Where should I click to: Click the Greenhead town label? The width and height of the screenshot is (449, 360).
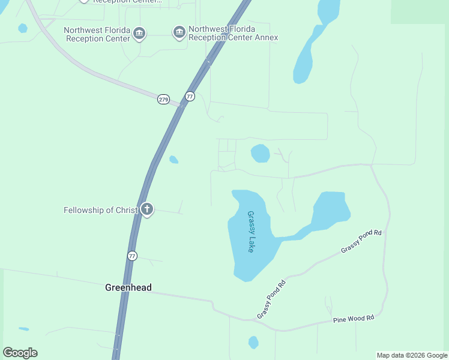[128, 287]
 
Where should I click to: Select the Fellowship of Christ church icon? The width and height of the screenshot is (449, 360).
[146, 209]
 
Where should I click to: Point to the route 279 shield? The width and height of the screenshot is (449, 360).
[163, 99]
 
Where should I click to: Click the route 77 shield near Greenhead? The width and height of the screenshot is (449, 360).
[132, 256]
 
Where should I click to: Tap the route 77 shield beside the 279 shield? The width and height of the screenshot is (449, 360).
[190, 96]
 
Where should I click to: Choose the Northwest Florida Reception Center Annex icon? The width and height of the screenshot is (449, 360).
[179, 32]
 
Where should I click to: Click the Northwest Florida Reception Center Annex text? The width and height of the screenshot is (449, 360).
[233, 33]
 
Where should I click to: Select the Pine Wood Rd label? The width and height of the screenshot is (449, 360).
[354, 319]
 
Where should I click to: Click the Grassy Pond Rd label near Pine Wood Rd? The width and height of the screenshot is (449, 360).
[271, 298]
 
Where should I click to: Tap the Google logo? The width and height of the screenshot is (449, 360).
[20, 353]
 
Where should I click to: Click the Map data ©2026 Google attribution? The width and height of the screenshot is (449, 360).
[412, 355]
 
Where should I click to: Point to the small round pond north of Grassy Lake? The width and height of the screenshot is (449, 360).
[260, 153]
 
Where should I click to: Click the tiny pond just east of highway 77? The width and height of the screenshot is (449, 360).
[173, 160]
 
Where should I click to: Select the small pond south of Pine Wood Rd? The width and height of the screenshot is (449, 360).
[253, 343]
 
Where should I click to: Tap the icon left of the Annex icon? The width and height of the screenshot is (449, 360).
[139, 33]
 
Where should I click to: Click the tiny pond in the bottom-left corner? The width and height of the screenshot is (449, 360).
[24, 329]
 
